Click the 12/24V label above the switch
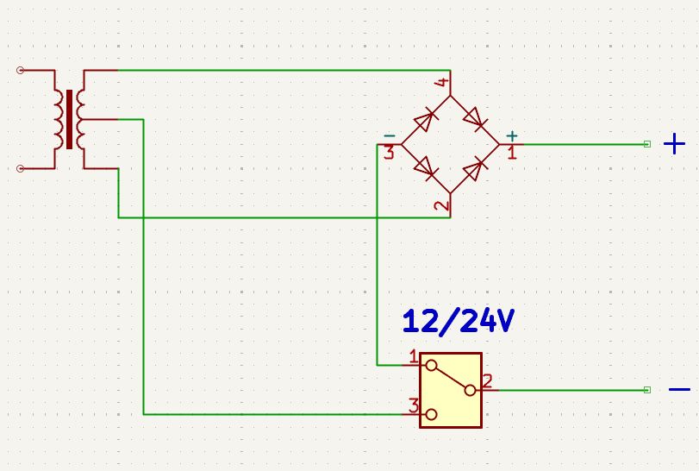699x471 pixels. [x=459, y=321]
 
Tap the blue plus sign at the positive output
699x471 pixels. [x=674, y=144]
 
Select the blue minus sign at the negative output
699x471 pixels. [x=679, y=390]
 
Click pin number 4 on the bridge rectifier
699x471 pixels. [x=442, y=82]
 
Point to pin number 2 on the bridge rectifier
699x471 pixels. [x=442, y=205]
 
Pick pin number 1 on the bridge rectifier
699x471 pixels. [x=512, y=153]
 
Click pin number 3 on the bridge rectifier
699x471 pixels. [x=390, y=153]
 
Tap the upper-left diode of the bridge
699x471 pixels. [x=425, y=121]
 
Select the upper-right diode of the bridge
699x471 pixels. [x=475, y=119]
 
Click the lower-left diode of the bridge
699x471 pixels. [x=425, y=168]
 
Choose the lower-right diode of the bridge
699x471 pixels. [x=475, y=169]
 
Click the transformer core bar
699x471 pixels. [x=69, y=119]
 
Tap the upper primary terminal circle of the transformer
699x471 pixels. [x=20, y=70]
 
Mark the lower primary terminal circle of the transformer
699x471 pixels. [x=20, y=168]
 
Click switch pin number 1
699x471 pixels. [x=414, y=357]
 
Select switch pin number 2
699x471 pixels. [x=487, y=381]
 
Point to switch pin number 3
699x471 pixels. [x=414, y=406]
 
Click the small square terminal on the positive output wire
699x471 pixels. [x=646, y=144]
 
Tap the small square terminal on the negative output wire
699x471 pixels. [x=646, y=390]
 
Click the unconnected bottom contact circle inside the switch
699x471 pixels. [x=431, y=414]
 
